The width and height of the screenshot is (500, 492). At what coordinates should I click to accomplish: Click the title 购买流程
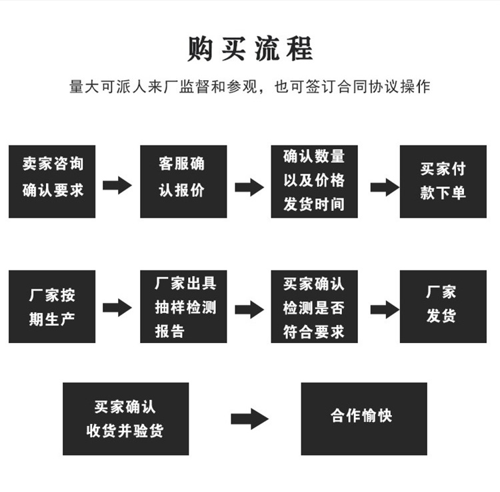[250, 49]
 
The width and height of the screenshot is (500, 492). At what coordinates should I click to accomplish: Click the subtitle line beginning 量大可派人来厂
[250, 87]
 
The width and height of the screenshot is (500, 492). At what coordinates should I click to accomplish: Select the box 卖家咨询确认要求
[52, 181]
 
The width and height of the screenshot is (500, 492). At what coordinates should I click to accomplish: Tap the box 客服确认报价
[183, 181]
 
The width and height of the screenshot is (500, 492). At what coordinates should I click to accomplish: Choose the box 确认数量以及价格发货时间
[314, 181]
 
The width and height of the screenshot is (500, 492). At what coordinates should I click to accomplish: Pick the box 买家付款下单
[443, 181]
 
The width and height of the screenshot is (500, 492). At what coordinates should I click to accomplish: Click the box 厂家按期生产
[52, 306]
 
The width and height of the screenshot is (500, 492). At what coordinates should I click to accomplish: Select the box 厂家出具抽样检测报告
[183, 306]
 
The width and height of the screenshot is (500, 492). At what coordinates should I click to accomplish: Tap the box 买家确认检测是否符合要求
[314, 306]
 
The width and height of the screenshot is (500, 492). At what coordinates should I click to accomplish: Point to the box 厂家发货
[443, 306]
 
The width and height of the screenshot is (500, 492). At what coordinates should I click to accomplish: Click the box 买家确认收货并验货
[125, 419]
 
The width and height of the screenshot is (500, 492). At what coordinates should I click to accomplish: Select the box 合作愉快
[363, 419]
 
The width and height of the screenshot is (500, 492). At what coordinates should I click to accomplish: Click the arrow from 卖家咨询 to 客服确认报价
[117, 186]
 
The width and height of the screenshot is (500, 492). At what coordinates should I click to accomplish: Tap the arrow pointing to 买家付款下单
[385, 187]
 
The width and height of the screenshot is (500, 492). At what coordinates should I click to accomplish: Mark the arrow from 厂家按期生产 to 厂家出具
[117, 307]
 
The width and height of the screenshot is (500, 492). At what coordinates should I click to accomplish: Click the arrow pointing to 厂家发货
[385, 309]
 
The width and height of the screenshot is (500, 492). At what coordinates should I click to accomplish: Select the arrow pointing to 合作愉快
[249, 419]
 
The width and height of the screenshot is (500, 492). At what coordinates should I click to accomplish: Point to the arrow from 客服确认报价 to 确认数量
[249, 187]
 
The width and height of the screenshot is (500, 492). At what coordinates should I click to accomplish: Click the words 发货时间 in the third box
[314, 204]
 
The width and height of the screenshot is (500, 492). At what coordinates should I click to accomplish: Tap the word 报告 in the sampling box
[169, 331]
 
